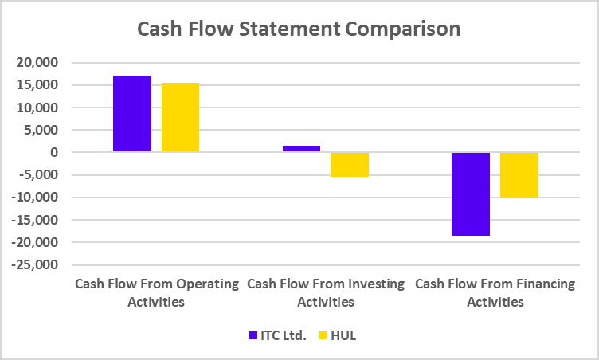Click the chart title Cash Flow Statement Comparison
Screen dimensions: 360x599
point(299,29)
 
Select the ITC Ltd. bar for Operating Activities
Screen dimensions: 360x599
point(132,113)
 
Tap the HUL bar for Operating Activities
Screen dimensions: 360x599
point(180,117)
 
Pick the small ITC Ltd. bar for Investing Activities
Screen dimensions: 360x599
point(301,148)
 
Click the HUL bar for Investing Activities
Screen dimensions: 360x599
point(350,164)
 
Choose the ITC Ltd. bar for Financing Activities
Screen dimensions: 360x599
point(471,194)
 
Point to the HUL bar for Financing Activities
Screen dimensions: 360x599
point(519,174)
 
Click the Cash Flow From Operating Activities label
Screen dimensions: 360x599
point(156,292)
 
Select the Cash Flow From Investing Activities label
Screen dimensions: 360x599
point(326,292)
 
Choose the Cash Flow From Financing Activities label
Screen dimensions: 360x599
point(495,292)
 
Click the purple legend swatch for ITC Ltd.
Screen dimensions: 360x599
point(253,335)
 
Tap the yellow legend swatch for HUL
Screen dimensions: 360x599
point(323,335)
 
